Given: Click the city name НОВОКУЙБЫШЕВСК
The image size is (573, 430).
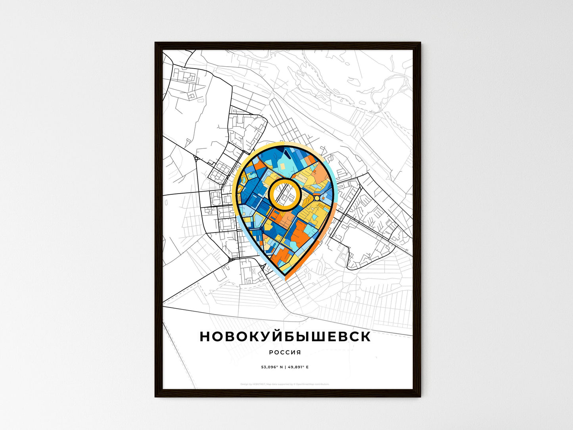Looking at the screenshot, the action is pos(285,336).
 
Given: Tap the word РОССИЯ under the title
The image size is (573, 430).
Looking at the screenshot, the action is pos(285,352).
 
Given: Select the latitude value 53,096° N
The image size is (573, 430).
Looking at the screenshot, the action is pos(272,367).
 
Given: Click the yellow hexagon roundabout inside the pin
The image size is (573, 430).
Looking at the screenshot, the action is pos(317,197).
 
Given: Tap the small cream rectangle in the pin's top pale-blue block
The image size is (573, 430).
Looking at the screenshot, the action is pos(282,165).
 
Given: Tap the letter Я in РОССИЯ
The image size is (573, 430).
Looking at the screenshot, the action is pos(298,352).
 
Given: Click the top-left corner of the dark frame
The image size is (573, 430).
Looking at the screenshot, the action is pos(155,43).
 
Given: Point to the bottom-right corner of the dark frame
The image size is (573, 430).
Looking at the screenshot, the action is pos(420,396).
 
